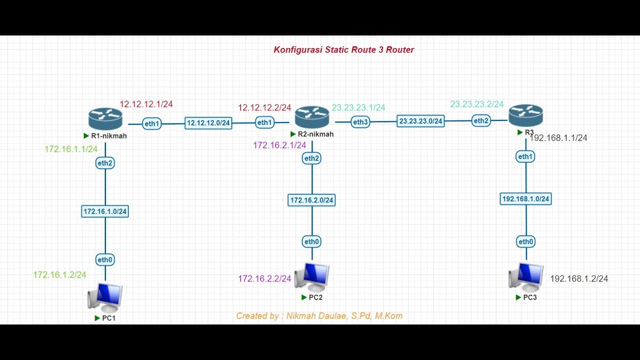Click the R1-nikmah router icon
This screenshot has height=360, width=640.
click(x=105, y=118)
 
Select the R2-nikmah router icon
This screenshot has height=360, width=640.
click(x=312, y=117)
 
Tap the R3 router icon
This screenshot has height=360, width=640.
click(x=525, y=115)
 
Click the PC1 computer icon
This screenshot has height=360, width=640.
click(x=105, y=297)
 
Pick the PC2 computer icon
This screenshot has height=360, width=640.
click(x=312, y=277)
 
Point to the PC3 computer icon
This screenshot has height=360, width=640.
click(x=526, y=276)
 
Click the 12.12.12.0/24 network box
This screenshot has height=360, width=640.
click(x=208, y=123)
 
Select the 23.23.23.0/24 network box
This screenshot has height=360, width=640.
click(x=420, y=121)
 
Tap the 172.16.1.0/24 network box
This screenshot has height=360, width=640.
click(x=105, y=211)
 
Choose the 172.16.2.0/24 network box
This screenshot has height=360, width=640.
click(x=312, y=200)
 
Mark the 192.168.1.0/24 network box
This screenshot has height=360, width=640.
click(x=525, y=199)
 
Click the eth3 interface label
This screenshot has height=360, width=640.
click(x=360, y=122)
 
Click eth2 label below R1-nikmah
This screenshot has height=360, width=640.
click(x=105, y=163)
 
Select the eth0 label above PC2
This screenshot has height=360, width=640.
click(x=311, y=242)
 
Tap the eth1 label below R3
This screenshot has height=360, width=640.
click(x=525, y=157)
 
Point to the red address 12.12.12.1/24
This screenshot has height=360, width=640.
click(x=146, y=104)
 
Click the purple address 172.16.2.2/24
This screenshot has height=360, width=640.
click(x=264, y=279)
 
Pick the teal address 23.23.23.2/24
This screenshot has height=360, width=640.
click(x=477, y=104)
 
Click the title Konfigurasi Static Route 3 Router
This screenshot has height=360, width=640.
click(x=343, y=49)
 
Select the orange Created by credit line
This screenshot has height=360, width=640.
click(x=319, y=316)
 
